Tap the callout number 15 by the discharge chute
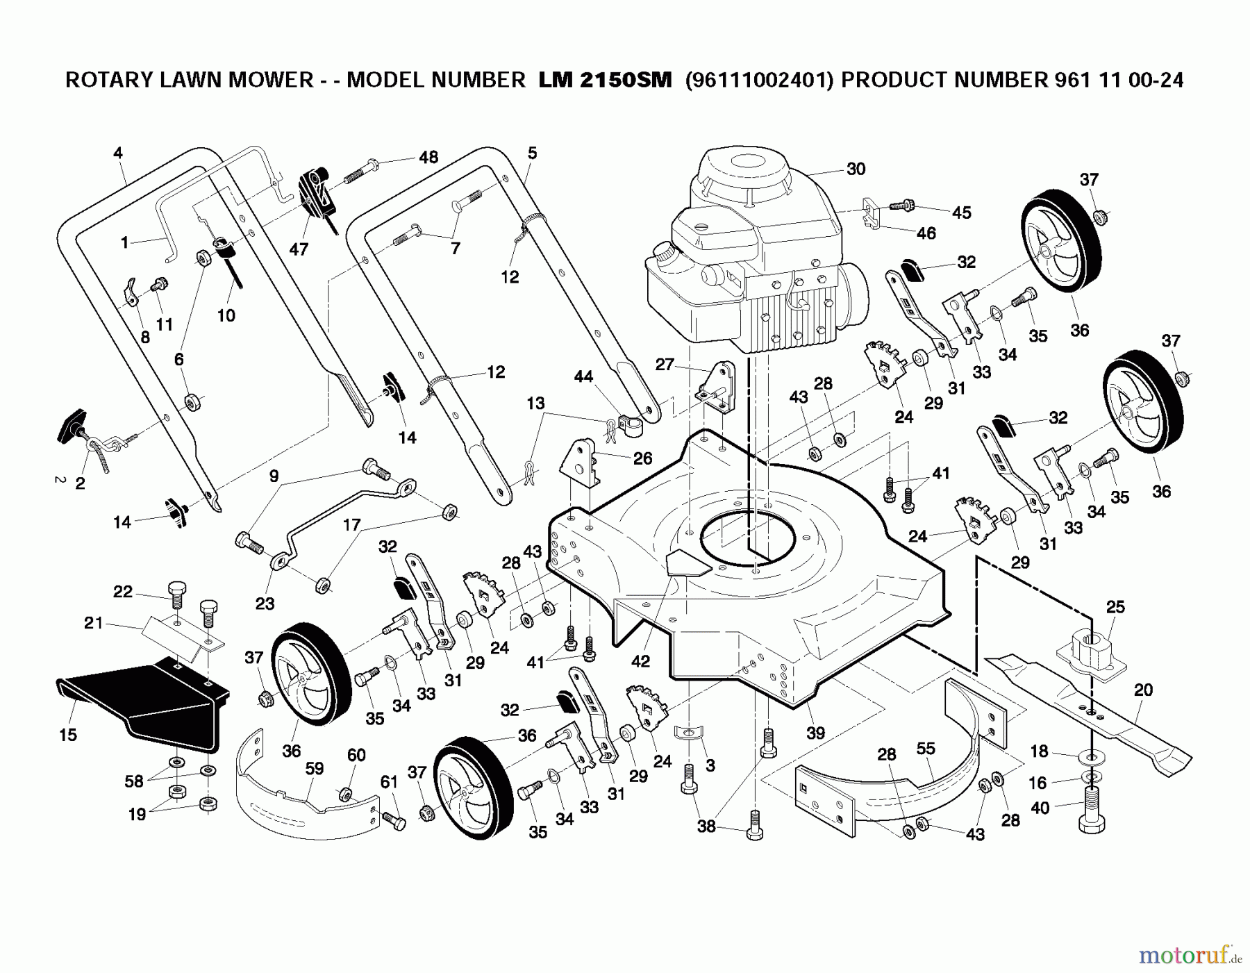click(68, 735)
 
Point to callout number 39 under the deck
click(815, 733)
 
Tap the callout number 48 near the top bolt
click(428, 157)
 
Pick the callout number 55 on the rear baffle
click(926, 749)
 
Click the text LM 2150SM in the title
click(605, 81)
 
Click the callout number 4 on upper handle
click(117, 153)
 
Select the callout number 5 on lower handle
click(532, 153)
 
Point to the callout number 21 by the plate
click(93, 623)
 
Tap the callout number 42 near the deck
click(640, 661)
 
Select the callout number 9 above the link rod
click(274, 476)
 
